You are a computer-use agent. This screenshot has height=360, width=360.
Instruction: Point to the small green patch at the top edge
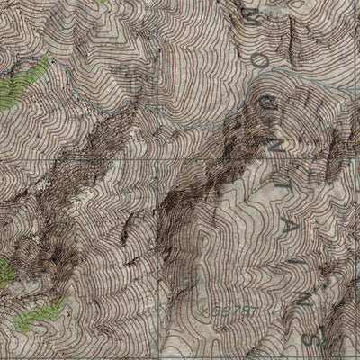pyautogui.click(x=103, y=3)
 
